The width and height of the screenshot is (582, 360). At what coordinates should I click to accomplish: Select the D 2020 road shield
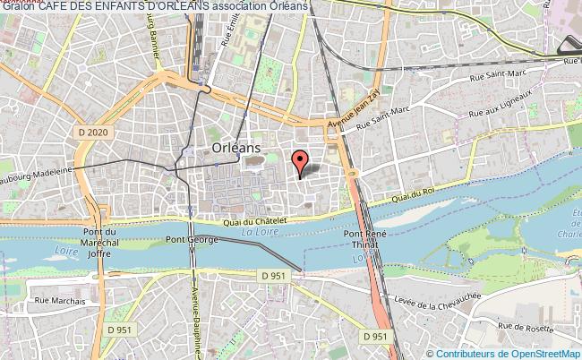click(92, 132)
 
